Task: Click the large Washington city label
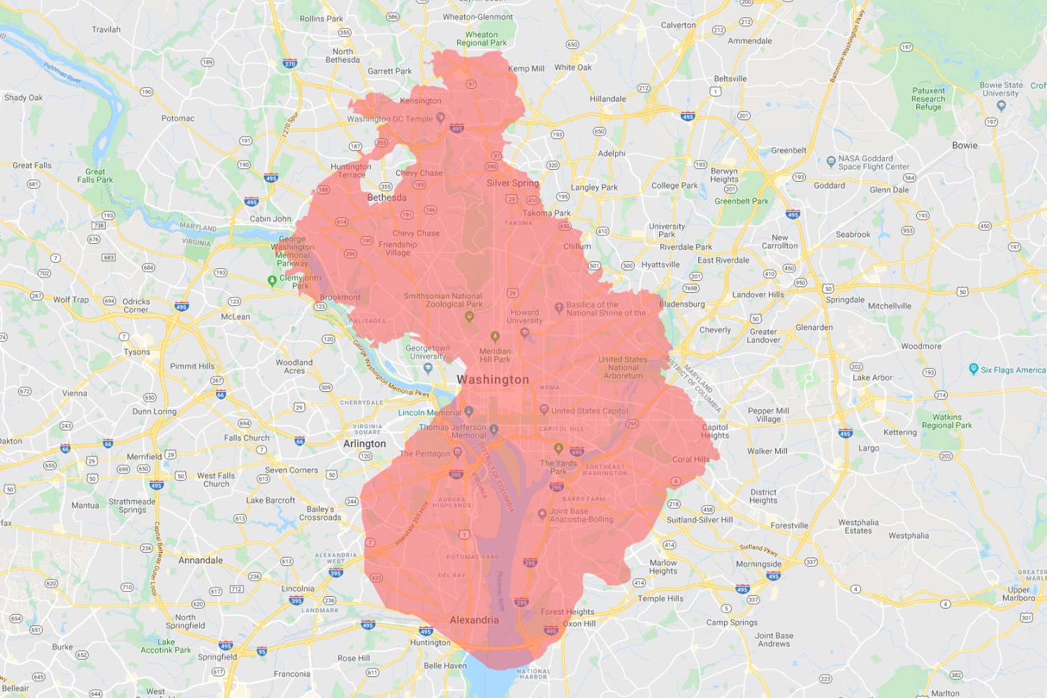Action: tap(493, 379)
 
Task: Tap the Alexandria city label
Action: tap(474, 620)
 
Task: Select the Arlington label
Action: tap(364, 444)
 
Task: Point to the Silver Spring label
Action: tap(512, 183)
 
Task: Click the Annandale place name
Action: tap(201, 560)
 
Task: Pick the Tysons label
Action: tap(137, 352)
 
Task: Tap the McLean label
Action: tap(236, 317)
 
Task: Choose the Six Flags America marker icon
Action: tap(974, 369)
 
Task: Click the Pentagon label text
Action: tap(425, 453)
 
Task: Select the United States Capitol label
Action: tap(589, 411)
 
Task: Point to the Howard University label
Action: tap(525, 317)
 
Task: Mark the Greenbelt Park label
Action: tap(741, 201)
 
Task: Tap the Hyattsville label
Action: tap(660, 265)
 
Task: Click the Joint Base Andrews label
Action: tap(774, 640)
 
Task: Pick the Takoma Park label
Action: tap(547, 213)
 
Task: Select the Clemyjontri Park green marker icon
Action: tap(273, 280)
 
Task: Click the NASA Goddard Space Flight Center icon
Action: tap(831, 162)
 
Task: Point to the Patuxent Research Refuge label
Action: tap(928, 99)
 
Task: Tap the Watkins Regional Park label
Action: tap(946, 421)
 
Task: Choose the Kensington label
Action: tap(421, 101)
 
